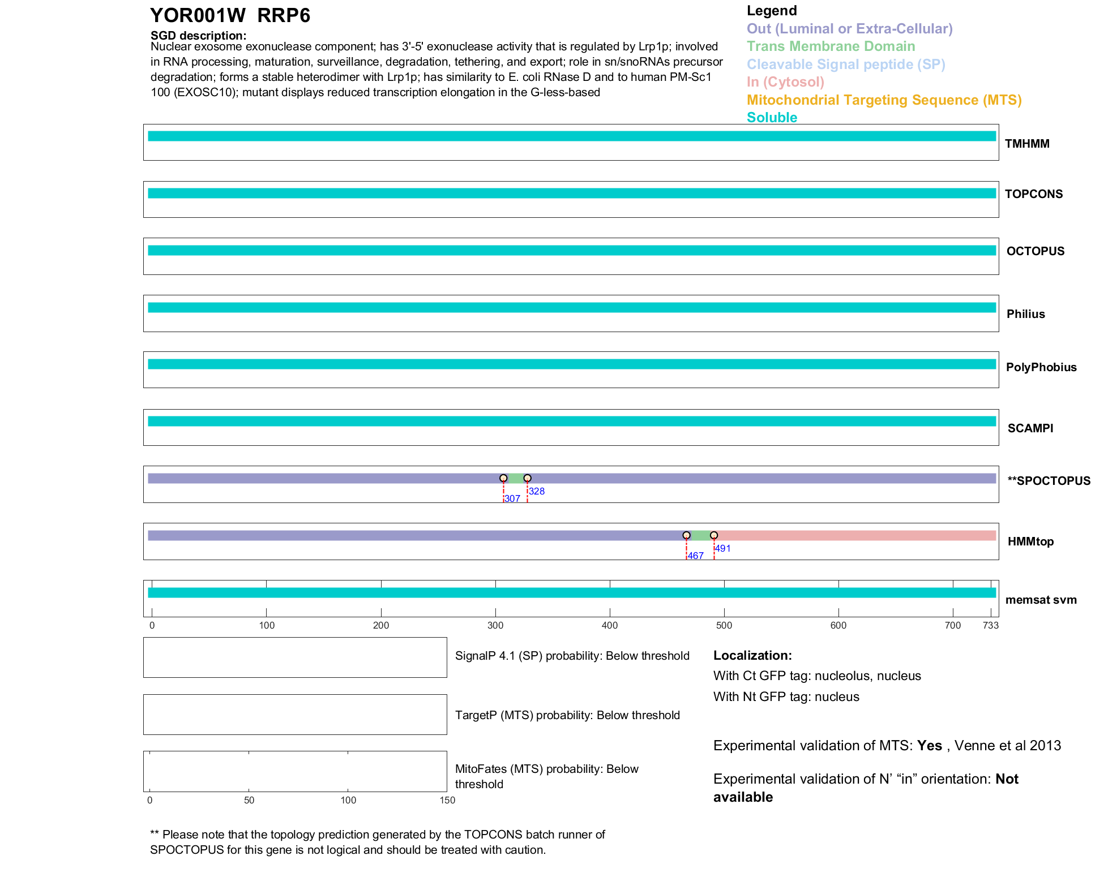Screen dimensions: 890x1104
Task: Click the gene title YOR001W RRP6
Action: [x=230, y=16]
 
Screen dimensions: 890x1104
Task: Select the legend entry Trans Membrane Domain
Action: [x=831, y=46]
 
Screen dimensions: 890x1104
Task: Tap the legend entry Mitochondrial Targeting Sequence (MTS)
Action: [x=884, y=100]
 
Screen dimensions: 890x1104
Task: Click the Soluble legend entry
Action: [x=772, y=118]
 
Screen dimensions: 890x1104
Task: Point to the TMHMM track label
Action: [x=1027, y=144]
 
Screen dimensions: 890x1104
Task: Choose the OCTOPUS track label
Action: [x=1035, y=251]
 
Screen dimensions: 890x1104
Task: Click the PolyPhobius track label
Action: [x=1041, y=367]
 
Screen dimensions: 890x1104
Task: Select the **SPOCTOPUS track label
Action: [x=1049, y=481]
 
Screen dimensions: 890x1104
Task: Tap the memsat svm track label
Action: [x=1041, y=600]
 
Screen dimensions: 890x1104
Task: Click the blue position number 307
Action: [x=512, y=498]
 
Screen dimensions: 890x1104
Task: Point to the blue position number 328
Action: [x=537, y=491]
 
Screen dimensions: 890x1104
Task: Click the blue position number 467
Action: [x=696, y=556]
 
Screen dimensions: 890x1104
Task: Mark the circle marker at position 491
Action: [x=714, y=535]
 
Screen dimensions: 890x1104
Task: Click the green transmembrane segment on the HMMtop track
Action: [x=700, y=535]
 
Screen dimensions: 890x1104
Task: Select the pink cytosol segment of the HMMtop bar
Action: [x=855, y=535]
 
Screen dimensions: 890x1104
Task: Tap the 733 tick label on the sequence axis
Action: [x=991, y=625]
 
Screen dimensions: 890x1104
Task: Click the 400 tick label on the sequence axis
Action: [x=610, y=625]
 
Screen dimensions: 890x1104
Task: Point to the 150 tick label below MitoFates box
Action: [x=447, y=800]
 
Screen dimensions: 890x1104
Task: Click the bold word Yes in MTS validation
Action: [x=929, y=746]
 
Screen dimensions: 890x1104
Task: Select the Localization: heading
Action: [x=752, y=656]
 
